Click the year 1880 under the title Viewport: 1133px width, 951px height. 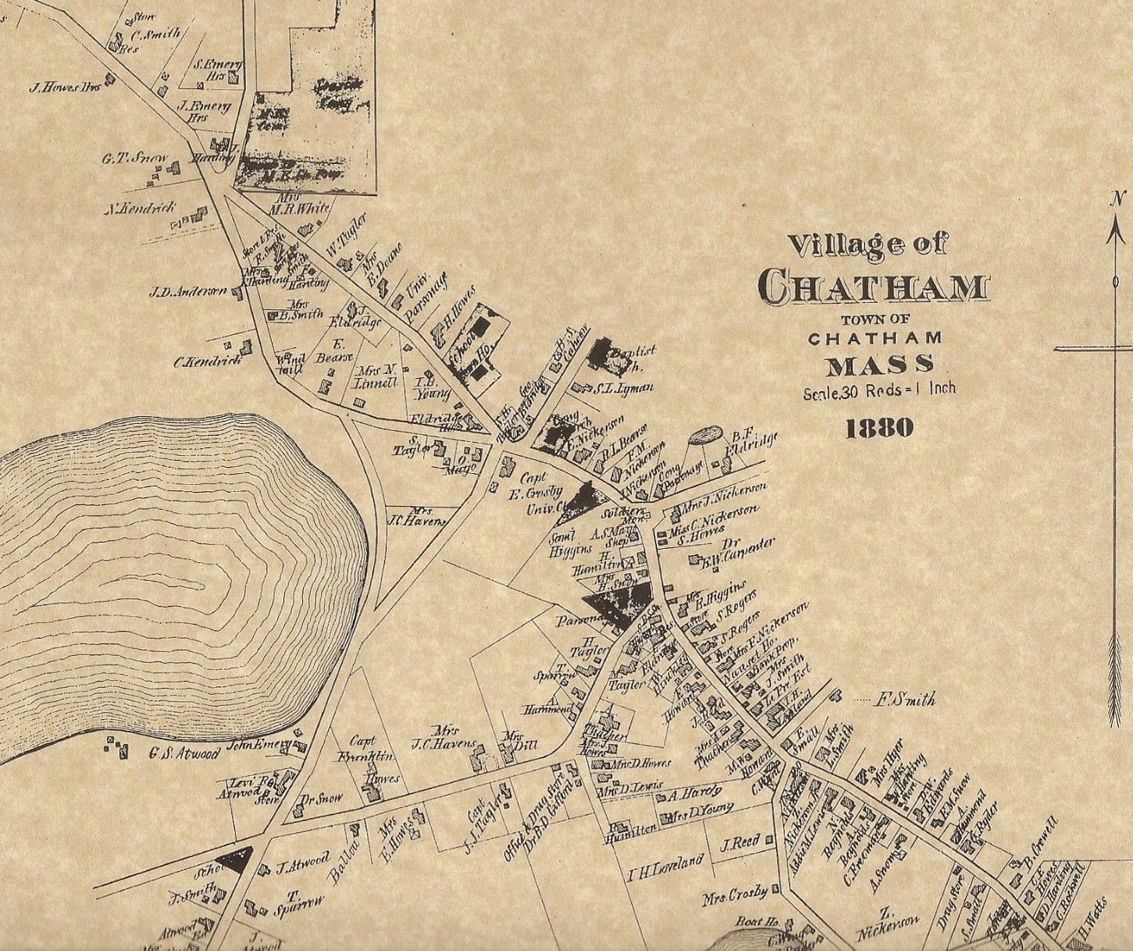coord(879,427)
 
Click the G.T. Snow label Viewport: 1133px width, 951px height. coord(134,158)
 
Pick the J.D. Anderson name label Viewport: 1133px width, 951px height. coord(187,293)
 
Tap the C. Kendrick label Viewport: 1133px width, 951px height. coord(207,362)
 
